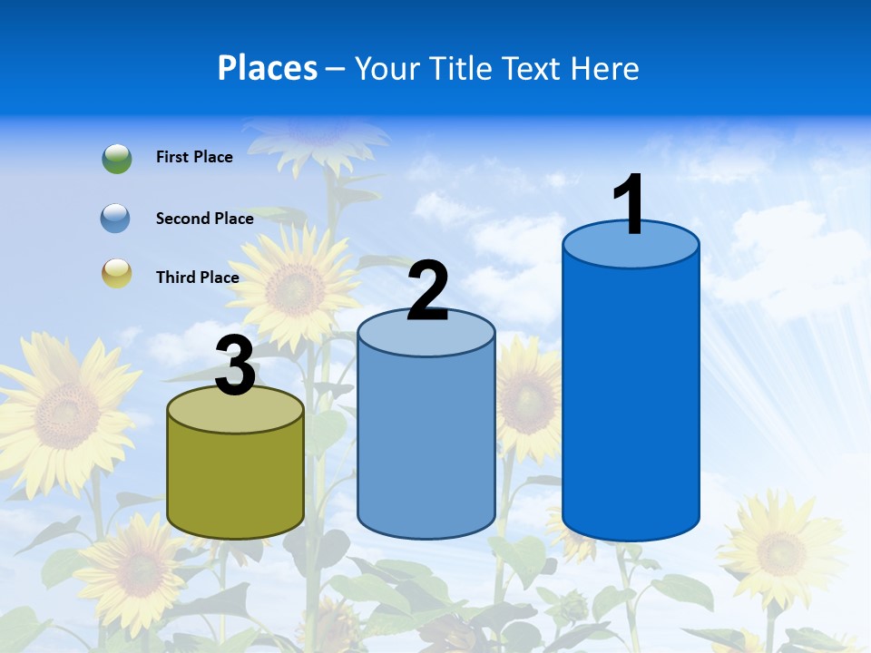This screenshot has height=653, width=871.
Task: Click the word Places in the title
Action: pyautogui.click(x=268, y=68)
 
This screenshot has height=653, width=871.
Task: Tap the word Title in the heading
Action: pyautogui.click(x=461, y=68)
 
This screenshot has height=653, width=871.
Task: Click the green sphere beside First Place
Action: pyautogui.click(x=116, y=158)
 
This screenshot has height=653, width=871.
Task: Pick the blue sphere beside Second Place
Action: pyautogui.click(x=116, y=219)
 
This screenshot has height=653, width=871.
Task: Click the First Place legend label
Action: pyautogui.click(x=194, y=157)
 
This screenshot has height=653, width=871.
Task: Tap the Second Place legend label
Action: pyautogui.click(x=204, y=219)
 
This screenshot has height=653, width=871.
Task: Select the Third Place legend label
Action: pyautogui.click(x=197, y=278)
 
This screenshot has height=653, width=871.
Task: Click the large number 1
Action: pyautogui.click(x=631, y=205)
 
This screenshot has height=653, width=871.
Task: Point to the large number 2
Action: pyautogui.click(x=428, y=292)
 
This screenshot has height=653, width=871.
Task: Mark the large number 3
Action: pyautogui.click(x=236, y=367)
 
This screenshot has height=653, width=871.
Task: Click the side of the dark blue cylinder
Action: pyautogui.click(x=631, y=399)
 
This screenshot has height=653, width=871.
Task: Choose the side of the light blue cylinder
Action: pyautogui.click(x=426, y=440)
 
